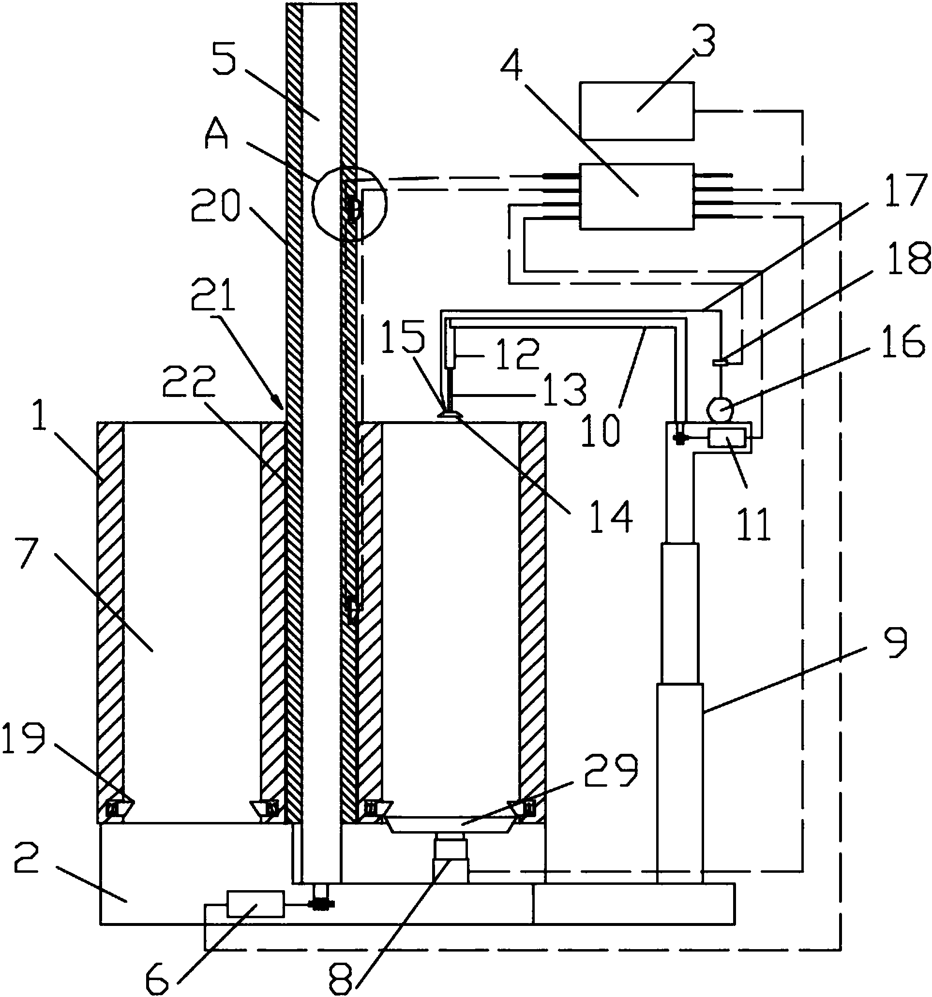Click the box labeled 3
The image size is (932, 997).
636,110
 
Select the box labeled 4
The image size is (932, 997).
636,196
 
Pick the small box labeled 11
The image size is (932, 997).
727,440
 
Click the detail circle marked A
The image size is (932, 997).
349,203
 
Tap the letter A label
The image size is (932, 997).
217,136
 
